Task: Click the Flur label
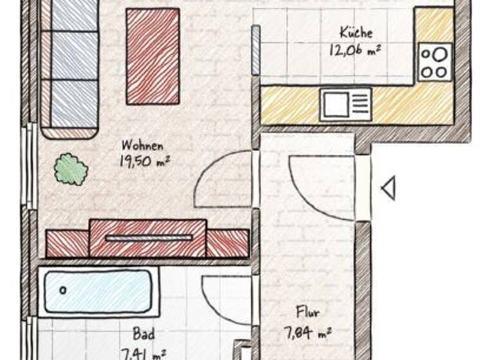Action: [307, 313]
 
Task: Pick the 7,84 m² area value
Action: [307, 332]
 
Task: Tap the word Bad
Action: [143, 334]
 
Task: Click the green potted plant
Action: [70, 169]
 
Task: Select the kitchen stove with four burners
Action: [435, 62]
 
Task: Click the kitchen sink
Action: [346, 104]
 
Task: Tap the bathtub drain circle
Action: [63, 291]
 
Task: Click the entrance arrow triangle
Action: [388, 189]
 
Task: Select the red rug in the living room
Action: [152, 56]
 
